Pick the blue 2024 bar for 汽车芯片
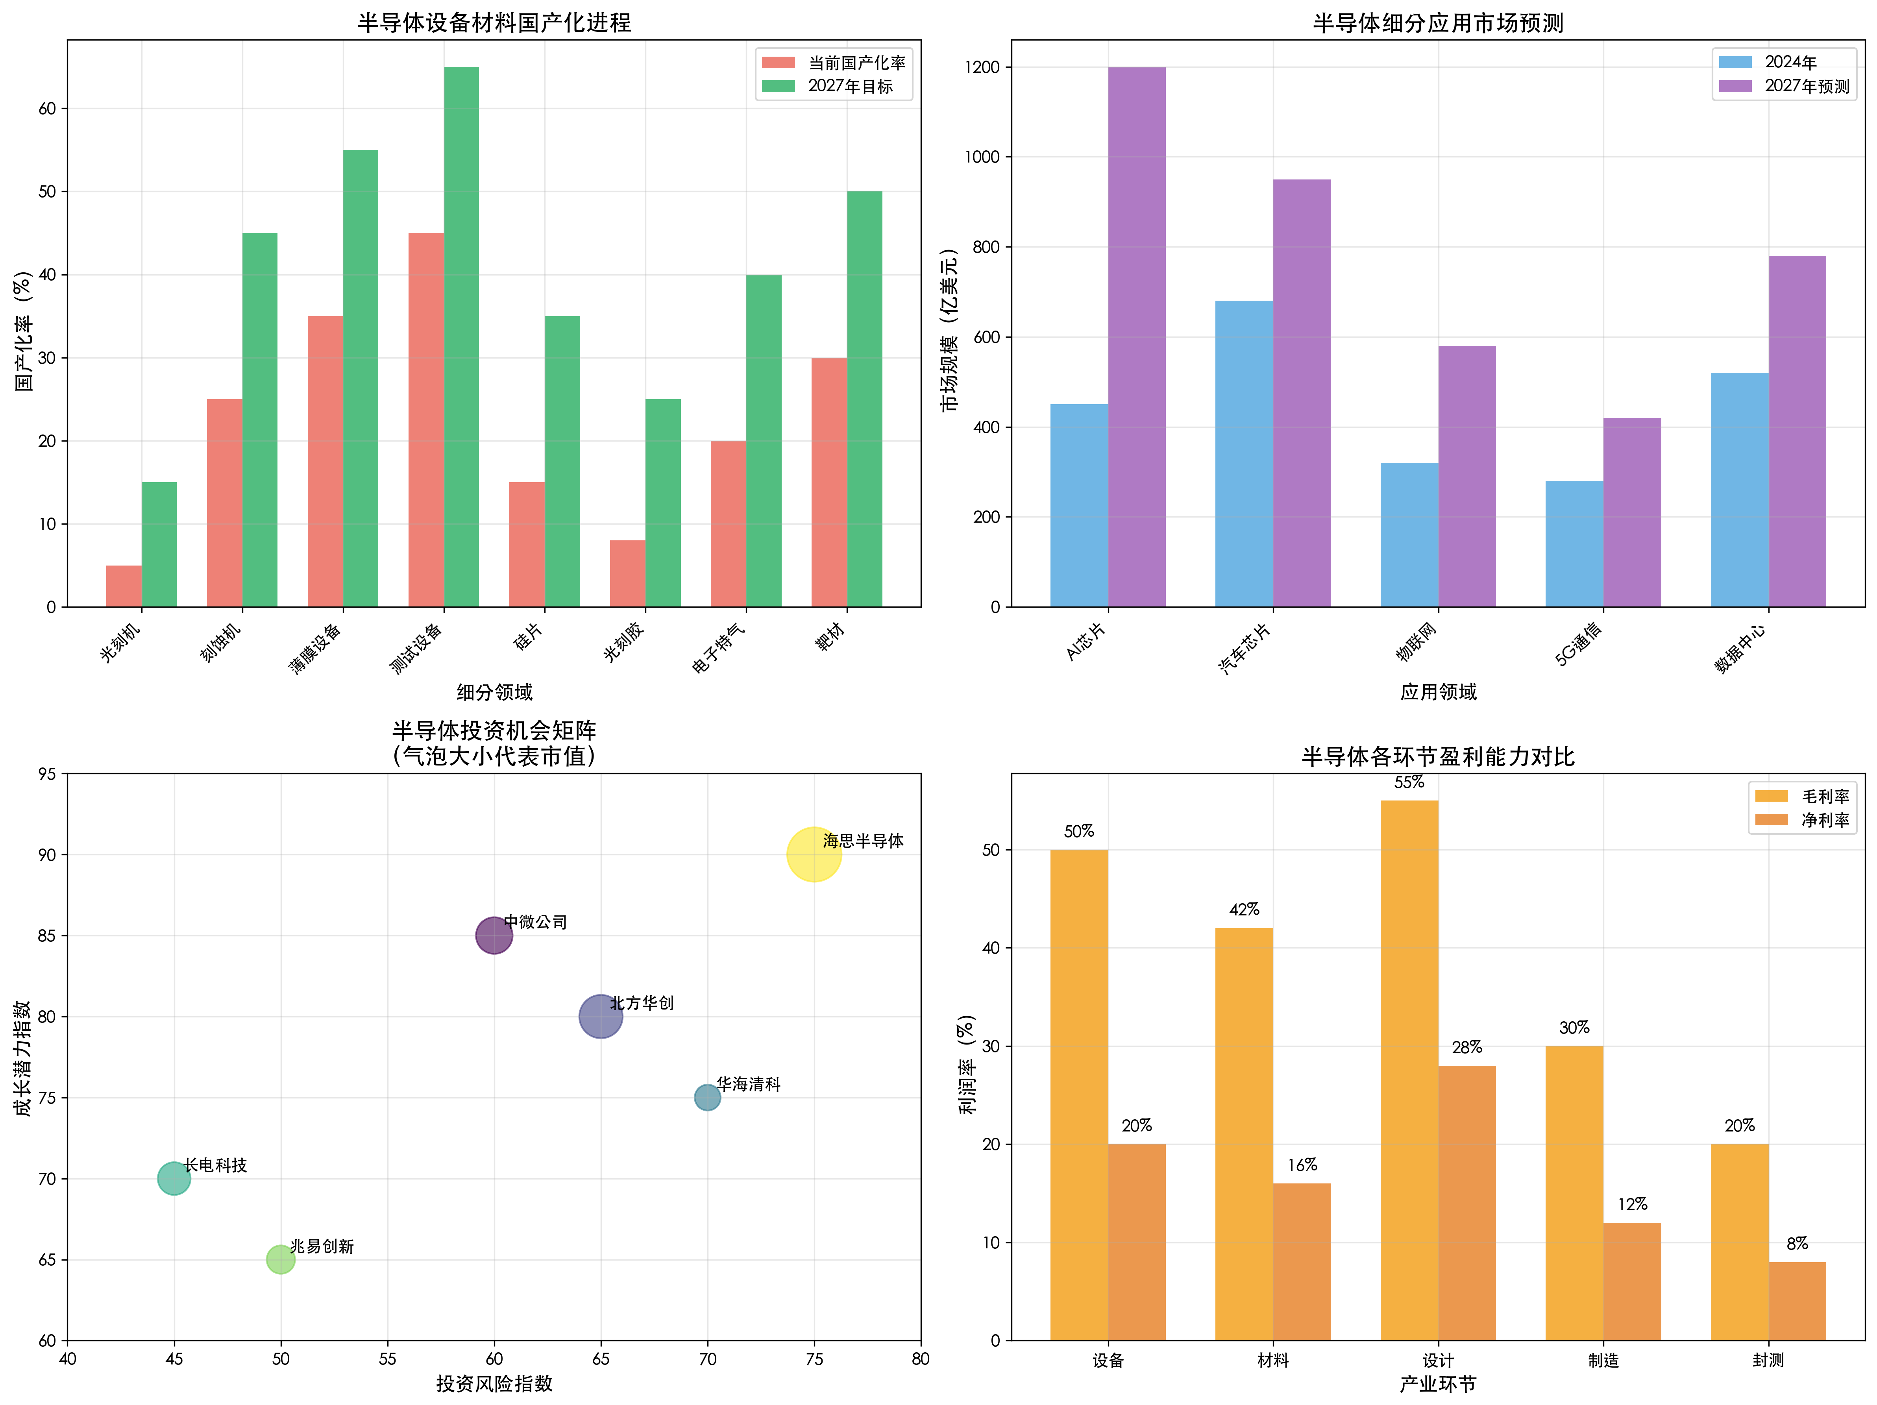tap(1244, 454)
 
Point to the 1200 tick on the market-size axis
tap(982, 67)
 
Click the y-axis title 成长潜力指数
tap(23, 1057)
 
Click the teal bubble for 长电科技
tap(174, 1178)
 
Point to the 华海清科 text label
tap(749, 1084)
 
